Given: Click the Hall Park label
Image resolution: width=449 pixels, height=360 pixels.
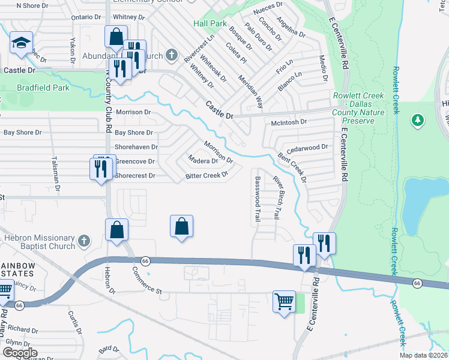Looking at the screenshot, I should (x=210, y=23).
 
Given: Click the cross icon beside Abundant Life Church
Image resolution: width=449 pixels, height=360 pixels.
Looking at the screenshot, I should (x=172, y=56).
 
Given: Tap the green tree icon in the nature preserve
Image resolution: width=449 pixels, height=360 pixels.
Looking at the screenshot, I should (x=417, y=121).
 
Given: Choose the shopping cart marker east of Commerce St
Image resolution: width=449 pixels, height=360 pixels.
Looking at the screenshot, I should (x=284, y=300).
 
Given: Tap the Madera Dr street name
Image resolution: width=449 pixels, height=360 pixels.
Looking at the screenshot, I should (x=202, y=161).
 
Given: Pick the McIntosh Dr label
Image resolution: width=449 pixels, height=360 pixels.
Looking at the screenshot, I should (x=289, y=121).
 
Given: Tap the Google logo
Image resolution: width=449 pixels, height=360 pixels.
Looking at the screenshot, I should (x=20, y=352).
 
